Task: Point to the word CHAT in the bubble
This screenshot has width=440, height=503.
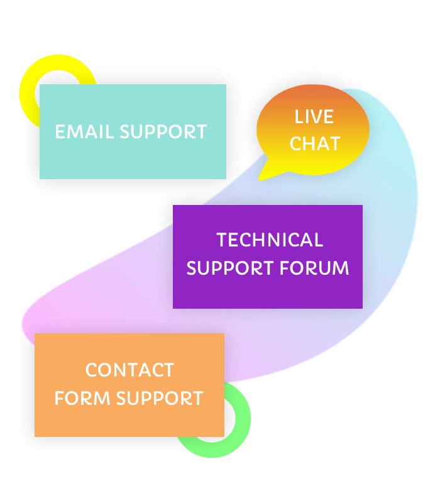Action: point(314,144)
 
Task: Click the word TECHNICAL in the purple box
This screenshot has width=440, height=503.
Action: point(270,240)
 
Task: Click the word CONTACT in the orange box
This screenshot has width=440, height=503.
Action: point(129,370)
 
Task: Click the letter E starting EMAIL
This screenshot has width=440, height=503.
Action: point(60,132)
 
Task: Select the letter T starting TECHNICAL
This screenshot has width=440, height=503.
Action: point(221,240)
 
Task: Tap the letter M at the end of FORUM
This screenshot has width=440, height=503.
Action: point(340,268)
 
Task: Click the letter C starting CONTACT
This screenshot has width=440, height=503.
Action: point(91,370)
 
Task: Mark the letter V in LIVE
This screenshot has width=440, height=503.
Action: point(316,117)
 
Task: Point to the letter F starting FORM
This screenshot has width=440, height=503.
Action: point(59,399)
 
